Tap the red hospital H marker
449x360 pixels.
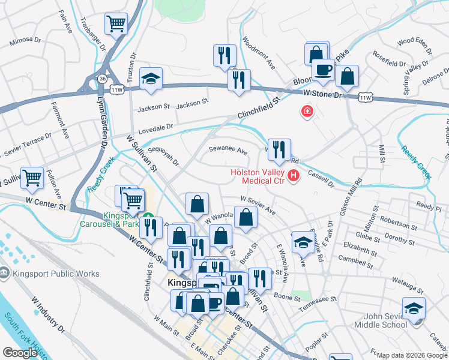(294, 175)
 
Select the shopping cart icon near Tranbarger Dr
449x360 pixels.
(116, 25)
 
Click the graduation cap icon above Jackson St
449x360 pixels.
(151, 79)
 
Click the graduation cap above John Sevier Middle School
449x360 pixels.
(414, 308)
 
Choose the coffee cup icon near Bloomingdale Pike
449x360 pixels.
(323, 69)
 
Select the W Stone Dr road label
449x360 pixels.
(322, 94)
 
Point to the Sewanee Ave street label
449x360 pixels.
(228, 150)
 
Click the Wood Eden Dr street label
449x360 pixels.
(414, 41)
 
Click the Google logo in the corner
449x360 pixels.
(20, 353)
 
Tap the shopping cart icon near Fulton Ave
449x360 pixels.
(32, 178)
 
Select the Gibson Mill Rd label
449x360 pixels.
(351, 196)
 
